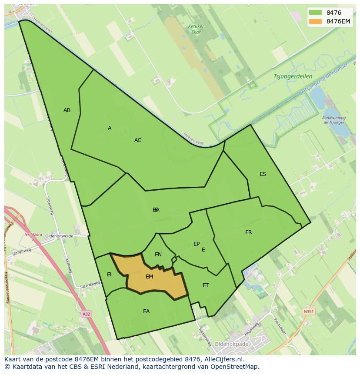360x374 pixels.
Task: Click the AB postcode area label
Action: [67, 110]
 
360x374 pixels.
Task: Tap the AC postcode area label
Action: [138, 140]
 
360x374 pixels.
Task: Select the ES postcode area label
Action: [263, 174]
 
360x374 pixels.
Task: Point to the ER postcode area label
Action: [248, 232]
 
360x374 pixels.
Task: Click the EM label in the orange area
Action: [149, 277]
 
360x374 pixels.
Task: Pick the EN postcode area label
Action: [158, 255]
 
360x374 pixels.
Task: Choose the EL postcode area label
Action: [110, 275]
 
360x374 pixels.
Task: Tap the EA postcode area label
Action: [146, 311]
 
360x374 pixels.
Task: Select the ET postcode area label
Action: [206, 285]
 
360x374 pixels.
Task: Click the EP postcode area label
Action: [197, 244]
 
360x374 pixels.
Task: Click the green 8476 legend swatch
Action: [316, 13]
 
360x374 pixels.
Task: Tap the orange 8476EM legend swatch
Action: [316, 21]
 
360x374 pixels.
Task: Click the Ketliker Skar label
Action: [196, 29]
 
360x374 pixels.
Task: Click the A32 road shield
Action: [87, 313]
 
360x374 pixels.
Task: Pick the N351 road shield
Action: [308, 311]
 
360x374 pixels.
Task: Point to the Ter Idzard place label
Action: [33, 235]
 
